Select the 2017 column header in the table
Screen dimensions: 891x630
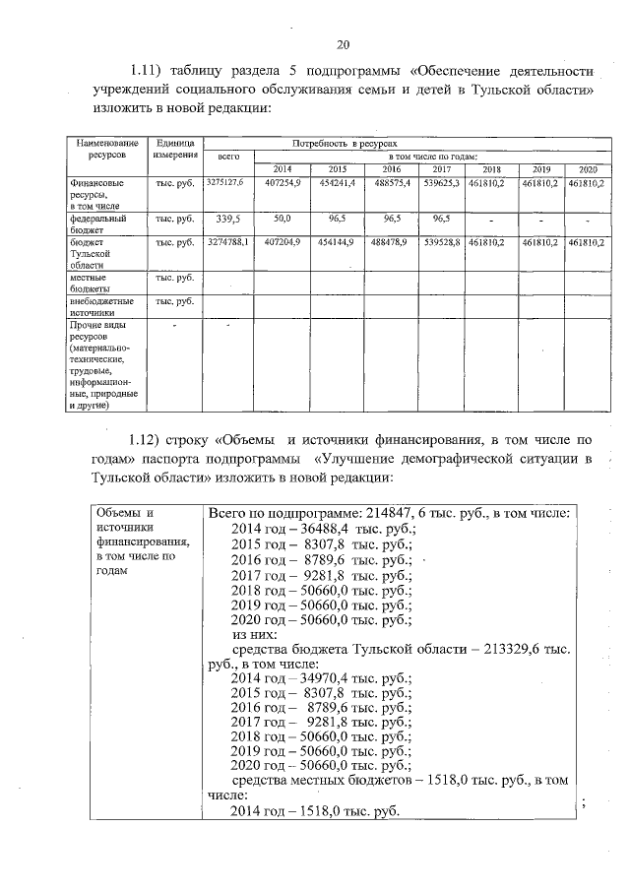(442, 169)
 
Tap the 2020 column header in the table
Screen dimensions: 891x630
(588, 169)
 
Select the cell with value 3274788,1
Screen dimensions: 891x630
(226, 241)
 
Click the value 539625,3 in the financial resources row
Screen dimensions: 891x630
(442, 183)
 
